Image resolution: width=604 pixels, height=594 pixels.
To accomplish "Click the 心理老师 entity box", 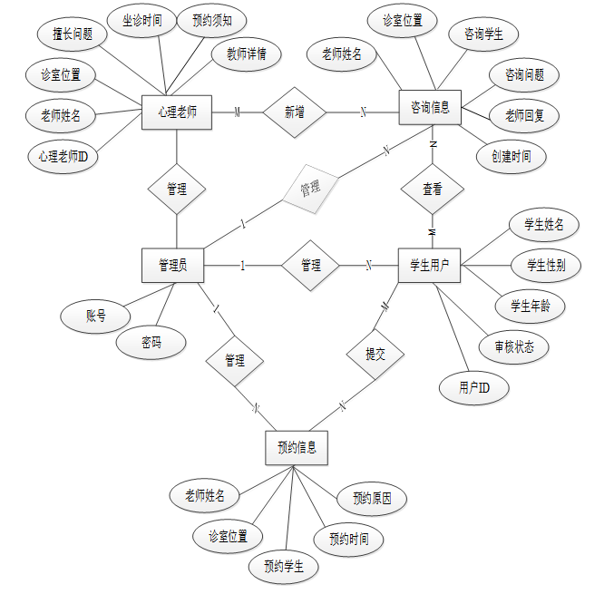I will coord(176,112).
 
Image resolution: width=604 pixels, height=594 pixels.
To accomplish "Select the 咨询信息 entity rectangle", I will coord(431,106).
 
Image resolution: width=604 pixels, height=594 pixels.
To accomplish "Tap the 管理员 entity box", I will coord(172,265).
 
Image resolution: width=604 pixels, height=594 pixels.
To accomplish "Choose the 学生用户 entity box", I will coord(431,265).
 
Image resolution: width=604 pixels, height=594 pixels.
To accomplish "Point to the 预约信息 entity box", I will coord(296,447).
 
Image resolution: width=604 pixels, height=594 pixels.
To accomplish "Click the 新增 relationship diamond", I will coord(295,112).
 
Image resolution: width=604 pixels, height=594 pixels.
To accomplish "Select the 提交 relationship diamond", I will coord(375,355).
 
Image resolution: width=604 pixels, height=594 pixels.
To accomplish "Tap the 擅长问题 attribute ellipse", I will coord(73,34).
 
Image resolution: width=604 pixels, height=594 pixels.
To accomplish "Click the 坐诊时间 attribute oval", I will coord(142,20).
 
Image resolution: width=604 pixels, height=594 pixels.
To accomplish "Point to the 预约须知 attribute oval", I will coord(211,20).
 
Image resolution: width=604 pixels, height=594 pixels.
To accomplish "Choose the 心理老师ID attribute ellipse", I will coord(63,156).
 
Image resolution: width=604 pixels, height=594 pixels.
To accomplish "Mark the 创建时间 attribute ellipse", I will coord(511,156).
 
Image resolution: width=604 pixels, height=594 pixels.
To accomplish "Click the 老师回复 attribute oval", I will coord(524,115).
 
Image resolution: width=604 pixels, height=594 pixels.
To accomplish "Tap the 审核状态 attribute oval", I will coord(514,346).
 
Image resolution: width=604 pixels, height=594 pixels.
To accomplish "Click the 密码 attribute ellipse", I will coord(151,342).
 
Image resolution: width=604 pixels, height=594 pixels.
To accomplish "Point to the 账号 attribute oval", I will coord(95,316).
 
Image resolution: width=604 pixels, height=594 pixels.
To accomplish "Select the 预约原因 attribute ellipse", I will coord(372,498).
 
